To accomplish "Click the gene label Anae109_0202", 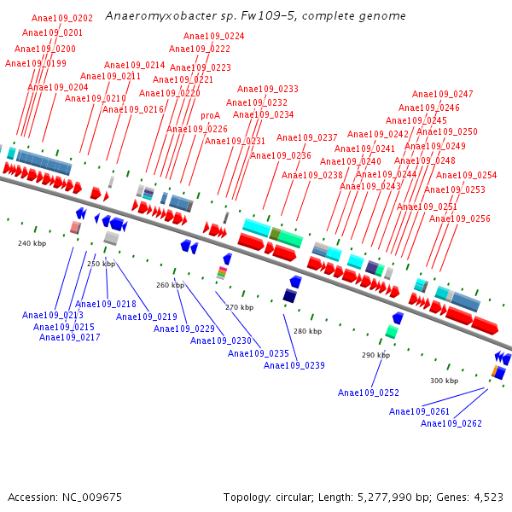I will pos(62,18).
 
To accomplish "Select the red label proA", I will pos(210,115).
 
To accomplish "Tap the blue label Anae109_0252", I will pos(368,393).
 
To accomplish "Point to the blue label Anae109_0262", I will pos(451,423).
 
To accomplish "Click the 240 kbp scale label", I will pos(32,243).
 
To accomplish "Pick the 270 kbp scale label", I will pos(239,307).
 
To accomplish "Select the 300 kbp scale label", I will pos(444,381).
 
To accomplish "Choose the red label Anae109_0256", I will pos(459,219).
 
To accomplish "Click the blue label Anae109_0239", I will pos(294,365).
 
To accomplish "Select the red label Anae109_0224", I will pos(213,37).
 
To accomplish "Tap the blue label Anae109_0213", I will pos(52,316).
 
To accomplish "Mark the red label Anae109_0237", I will pos(306,138).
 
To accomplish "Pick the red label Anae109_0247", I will pos(442,95).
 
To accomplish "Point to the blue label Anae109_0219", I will pos(146,317).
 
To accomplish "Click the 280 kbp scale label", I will pos(307,331).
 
